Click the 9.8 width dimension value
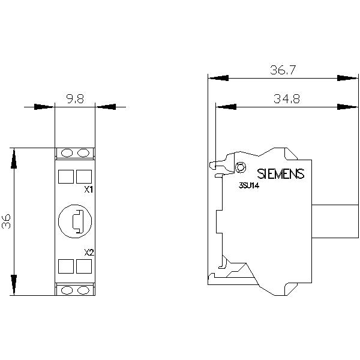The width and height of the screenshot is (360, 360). pos(75,99)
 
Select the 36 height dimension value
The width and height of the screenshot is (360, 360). pos(6,221)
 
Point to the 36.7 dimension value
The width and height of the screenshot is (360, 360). pos(283,70)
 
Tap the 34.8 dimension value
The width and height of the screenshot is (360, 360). pos(287,99)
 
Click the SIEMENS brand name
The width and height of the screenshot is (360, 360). pos(281,174)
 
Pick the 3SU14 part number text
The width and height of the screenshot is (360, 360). pos(249,185)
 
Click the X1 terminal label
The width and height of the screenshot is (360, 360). pos(89,190)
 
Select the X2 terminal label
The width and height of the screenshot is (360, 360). pos(89,253)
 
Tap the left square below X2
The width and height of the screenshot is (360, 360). pos(66,266)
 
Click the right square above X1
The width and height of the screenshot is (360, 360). pos(84,176)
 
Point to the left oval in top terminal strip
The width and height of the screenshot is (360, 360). pos(67,153)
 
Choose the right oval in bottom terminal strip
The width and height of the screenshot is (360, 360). pos(83,290)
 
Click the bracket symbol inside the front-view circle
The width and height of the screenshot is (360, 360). pos(77,221)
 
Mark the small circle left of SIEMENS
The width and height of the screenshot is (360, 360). pos(241,167)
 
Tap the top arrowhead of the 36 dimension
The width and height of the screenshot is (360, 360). pos(14,158)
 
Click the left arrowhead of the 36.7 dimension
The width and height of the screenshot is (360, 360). pos(218,78)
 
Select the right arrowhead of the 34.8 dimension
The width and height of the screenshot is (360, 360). pos(347,107)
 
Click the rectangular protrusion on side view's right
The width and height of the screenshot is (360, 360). pos(335,221)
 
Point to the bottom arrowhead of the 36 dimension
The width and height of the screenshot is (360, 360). pos(14,284)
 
